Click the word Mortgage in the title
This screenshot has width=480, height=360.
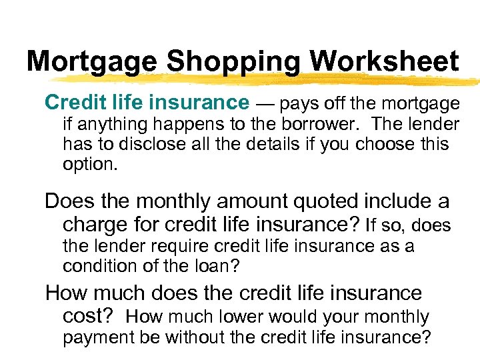click(x=93, y=62)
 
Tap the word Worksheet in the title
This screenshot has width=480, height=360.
click(x=385, y=62)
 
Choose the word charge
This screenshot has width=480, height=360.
click(x=95, y=225)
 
